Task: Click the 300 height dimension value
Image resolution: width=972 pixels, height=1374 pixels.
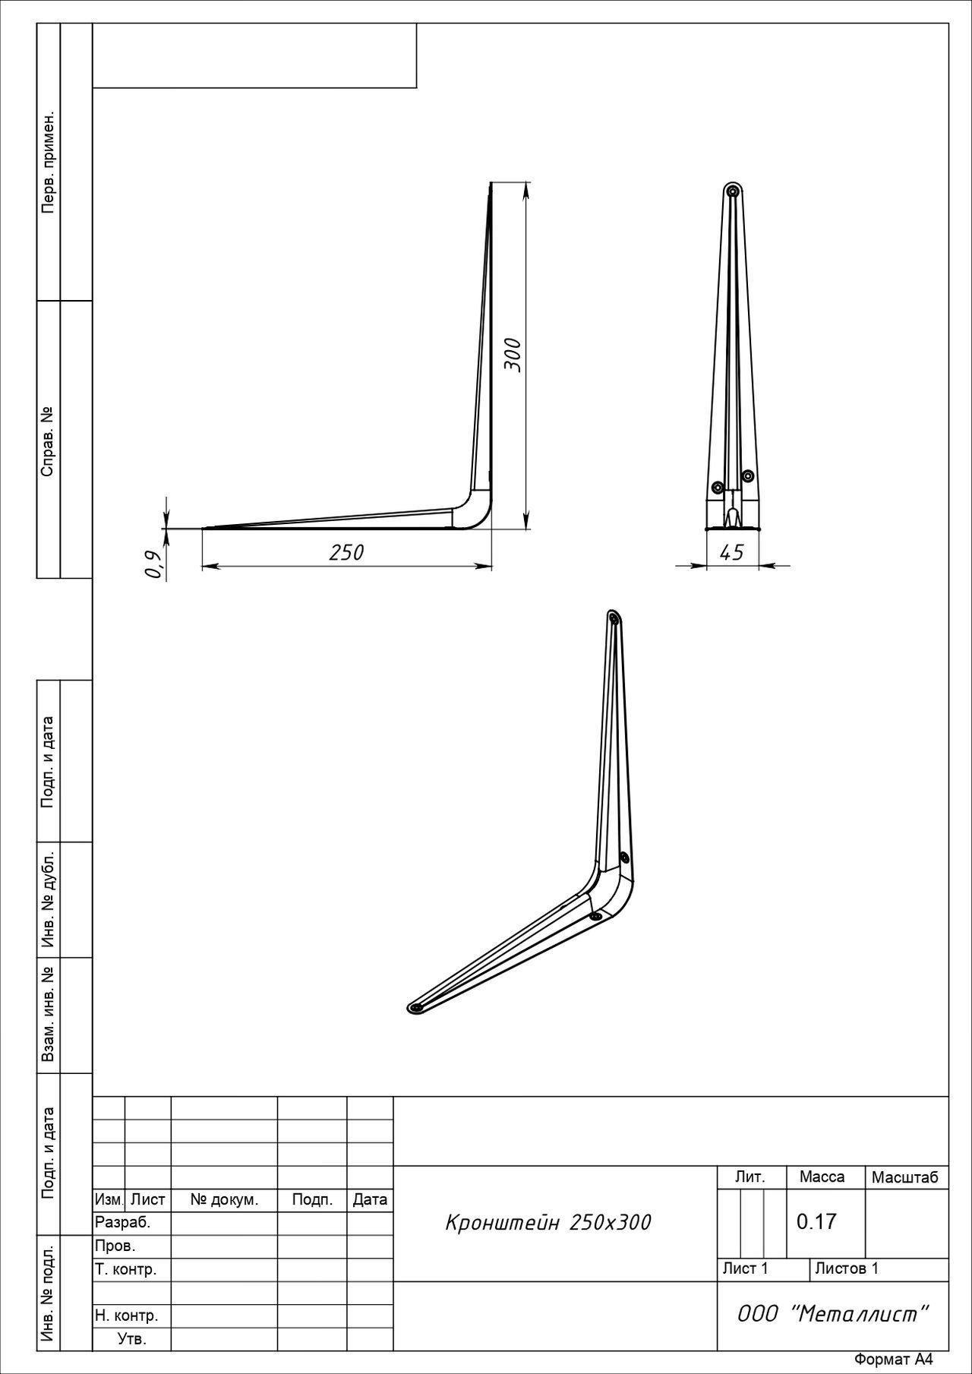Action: [513, 354]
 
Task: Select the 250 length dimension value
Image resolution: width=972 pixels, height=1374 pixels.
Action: [346, 553]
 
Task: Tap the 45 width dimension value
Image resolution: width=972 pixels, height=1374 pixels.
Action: [731, 553]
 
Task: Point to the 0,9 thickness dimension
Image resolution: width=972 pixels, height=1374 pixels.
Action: [154, 564]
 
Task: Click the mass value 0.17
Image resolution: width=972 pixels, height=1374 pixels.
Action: [816, 1222]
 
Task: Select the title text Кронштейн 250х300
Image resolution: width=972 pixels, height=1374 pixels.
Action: [548, 1223]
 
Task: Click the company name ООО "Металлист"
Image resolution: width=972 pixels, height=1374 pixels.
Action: [833, 1314]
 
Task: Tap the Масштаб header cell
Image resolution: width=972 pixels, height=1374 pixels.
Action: [905, 1178]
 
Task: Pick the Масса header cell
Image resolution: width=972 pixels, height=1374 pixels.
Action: [822, 1177]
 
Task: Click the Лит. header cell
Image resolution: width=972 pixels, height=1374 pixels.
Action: [750, 1177]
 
